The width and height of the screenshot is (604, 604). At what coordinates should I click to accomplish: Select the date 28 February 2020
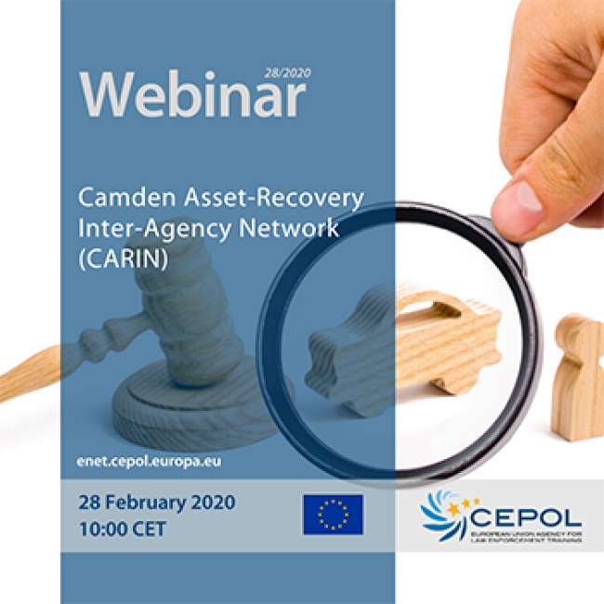pos(157,503)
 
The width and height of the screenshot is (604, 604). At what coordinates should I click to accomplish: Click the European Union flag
pos(333,514)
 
